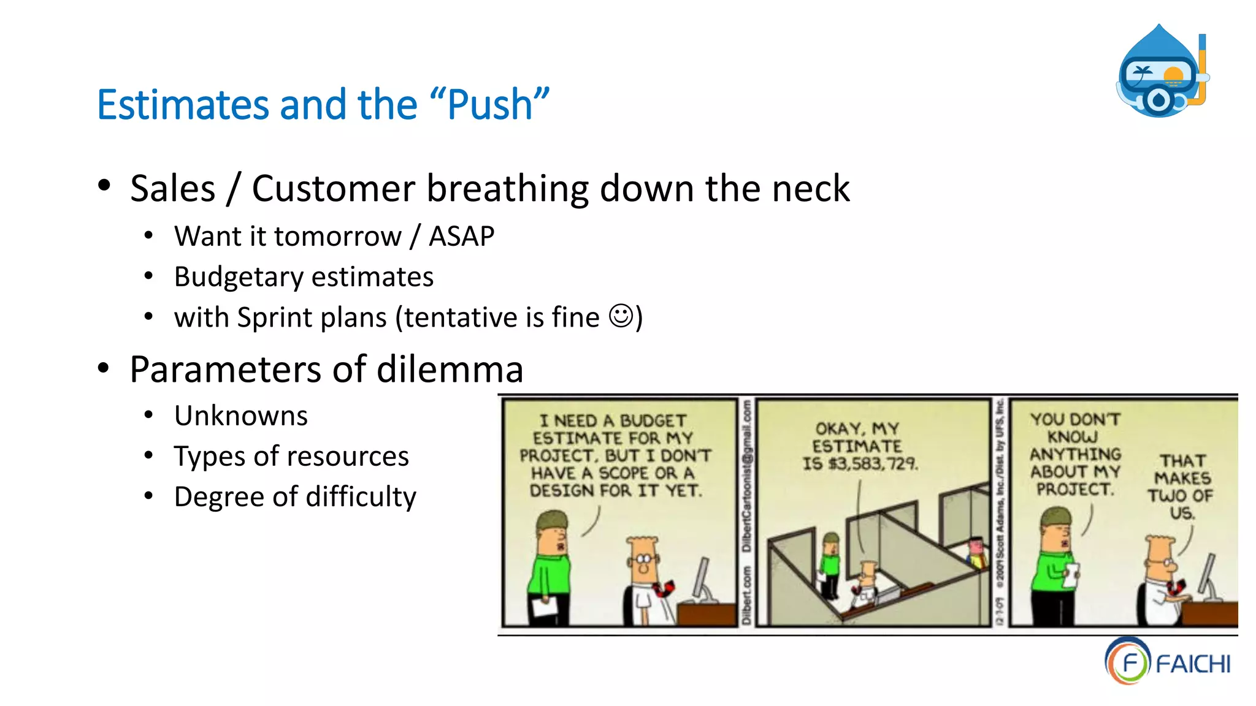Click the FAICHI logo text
click(1193, 664)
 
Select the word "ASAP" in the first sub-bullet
click(461, 237)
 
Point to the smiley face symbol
click(621, 316)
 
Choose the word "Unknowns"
click(241, 416)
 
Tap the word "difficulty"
click(361, 497)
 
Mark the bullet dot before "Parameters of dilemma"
click(104, 368)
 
